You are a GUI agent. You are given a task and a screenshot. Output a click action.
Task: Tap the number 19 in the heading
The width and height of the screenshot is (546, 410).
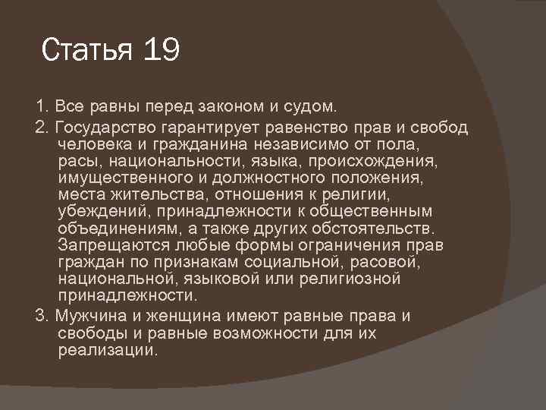tap(159, 51)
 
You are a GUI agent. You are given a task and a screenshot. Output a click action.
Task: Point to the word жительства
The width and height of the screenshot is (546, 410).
tap(146, 194)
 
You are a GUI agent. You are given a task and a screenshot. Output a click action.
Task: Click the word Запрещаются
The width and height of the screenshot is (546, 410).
tap(111, 246)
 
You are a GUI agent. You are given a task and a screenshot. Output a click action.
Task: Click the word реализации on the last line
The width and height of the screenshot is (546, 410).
tap(107, 350)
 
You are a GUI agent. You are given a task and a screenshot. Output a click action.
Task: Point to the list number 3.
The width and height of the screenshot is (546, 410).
tap(39, 315)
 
